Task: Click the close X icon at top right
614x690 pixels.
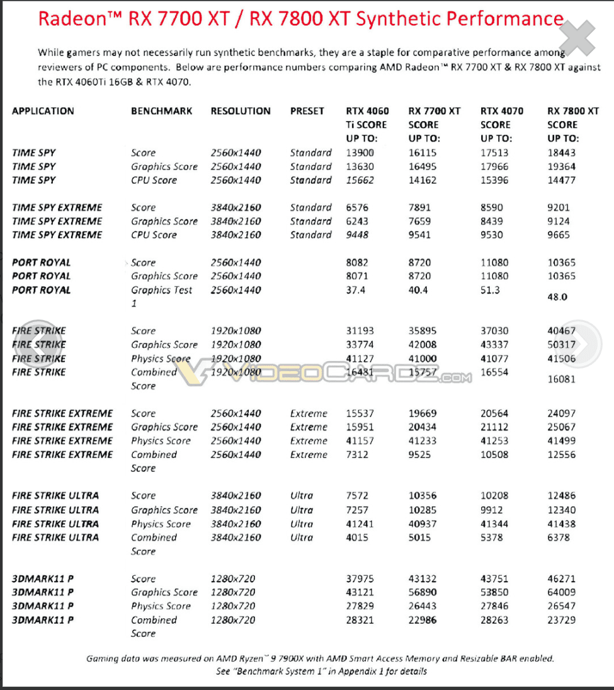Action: pos(584,37)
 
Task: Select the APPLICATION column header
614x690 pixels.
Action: pos(43,112)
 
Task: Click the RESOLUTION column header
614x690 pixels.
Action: pos(241,112)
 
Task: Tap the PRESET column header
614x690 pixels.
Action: pos(307,112)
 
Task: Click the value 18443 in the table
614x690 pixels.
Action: pos(562,152)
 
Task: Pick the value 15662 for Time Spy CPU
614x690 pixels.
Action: pos(360,180)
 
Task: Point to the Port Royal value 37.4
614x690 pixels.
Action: pos(356,290)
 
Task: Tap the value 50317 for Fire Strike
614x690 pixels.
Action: pos(562,345)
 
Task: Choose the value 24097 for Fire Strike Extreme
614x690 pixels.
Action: pos(562,413)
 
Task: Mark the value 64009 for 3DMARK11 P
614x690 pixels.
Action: pos(562,592)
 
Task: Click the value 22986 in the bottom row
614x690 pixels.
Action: pos(421,620)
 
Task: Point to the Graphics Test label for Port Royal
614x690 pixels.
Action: pos(161,290)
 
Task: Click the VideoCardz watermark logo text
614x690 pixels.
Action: pos(334,372)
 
